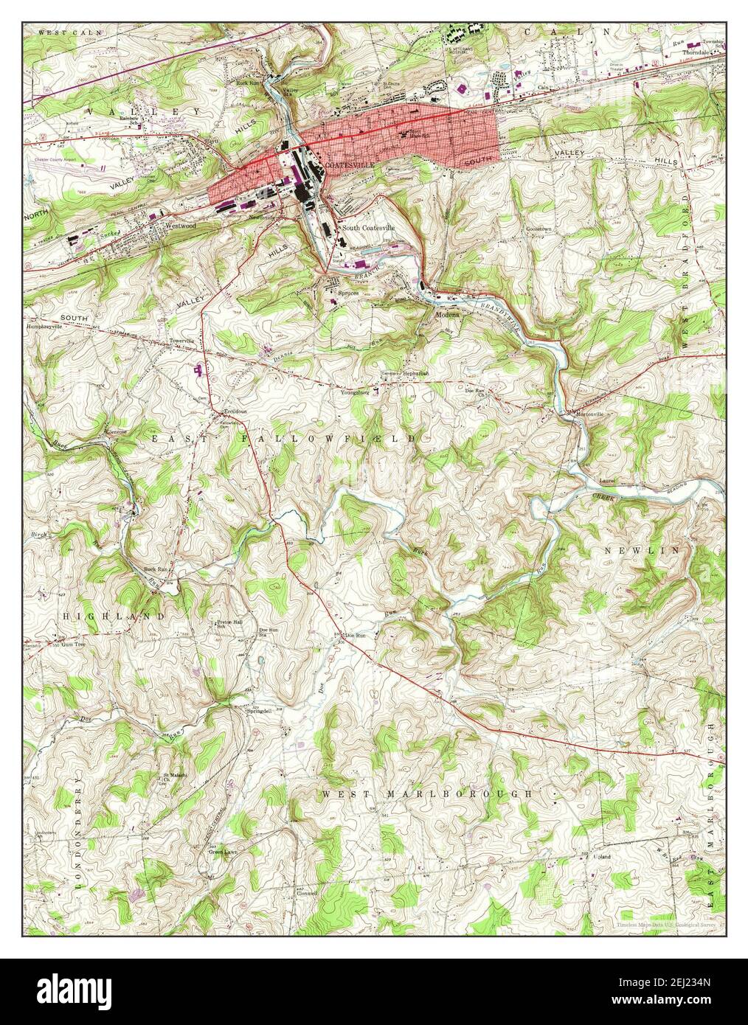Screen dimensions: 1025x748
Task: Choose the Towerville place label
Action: tap(181, 341)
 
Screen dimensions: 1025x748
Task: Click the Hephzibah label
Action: tap(415, 374)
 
